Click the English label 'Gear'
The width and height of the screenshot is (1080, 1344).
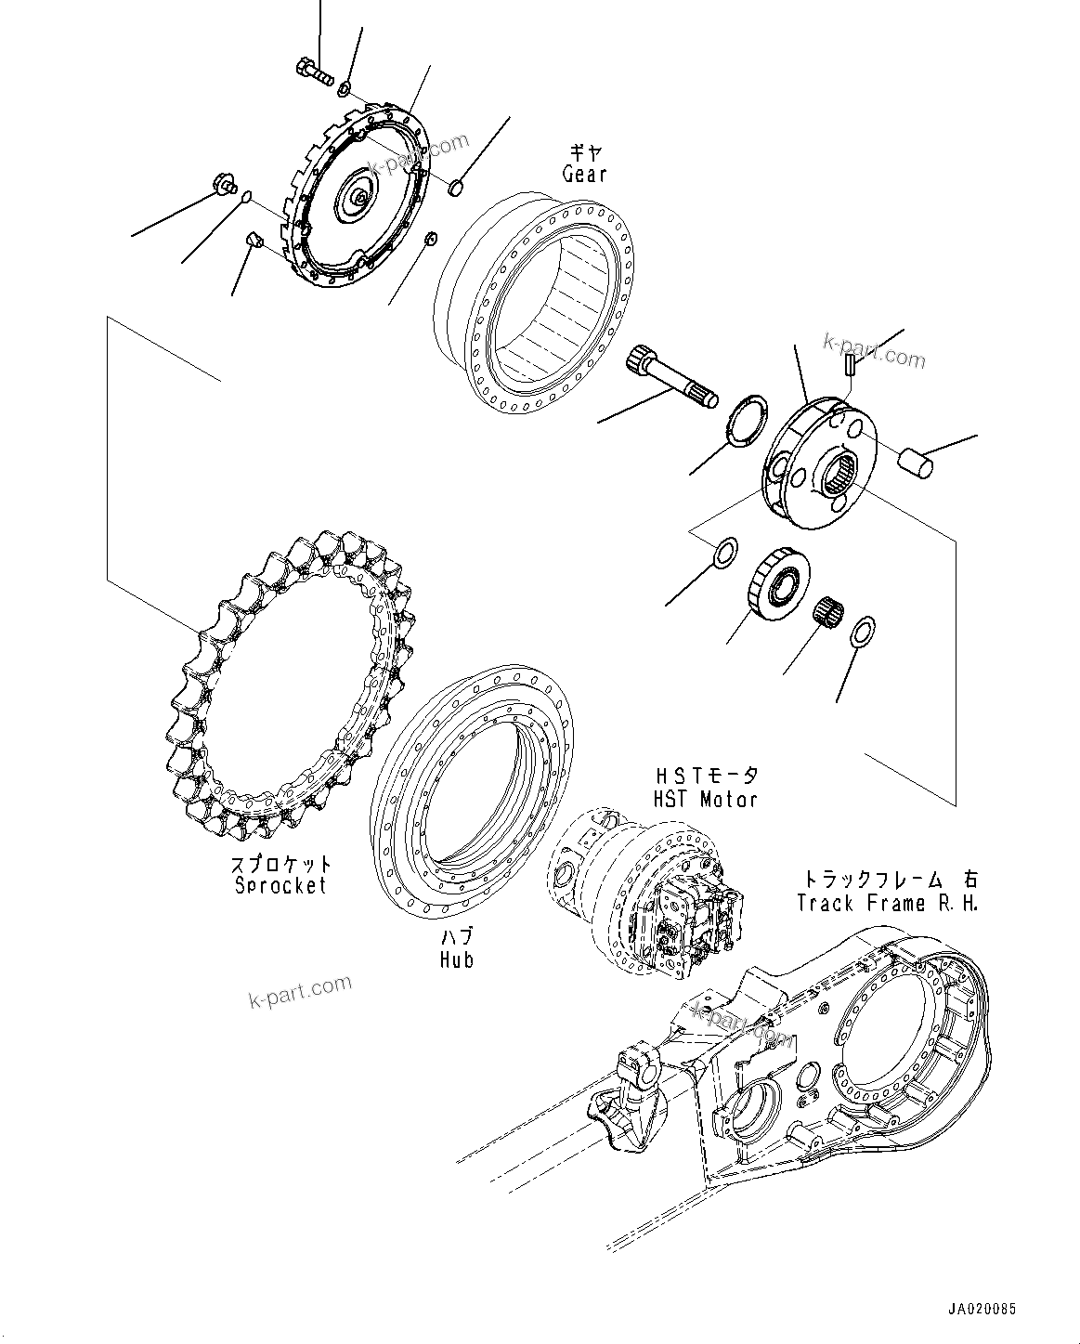coord(584,174)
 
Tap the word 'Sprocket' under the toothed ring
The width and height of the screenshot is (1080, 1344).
coord(280,885)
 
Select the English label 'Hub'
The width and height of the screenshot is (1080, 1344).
coord(457,959)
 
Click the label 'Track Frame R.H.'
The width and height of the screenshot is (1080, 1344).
coord(887,903)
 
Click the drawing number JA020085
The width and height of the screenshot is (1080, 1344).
coord(982,1310)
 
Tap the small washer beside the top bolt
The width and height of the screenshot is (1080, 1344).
coord(345,88)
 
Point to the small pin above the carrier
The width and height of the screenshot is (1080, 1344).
coord(850,365)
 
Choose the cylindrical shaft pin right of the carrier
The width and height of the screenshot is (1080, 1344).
coord(915,462)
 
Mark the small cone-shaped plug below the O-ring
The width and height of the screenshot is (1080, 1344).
coord(254,242)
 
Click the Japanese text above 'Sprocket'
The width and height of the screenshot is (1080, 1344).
coord(280,865)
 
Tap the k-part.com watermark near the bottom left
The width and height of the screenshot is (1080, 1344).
coord(300,991)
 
